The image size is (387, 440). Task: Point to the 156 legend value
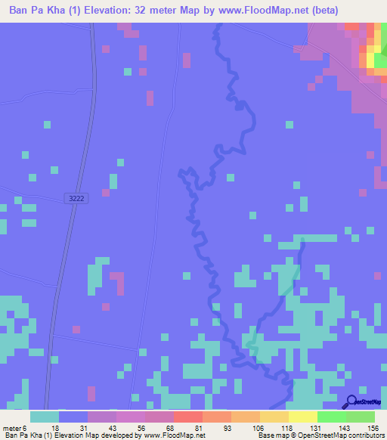[x=373, y=428]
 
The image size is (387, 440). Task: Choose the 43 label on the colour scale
[x=113, y=428]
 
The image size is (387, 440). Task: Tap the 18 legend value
[x=55, y=428]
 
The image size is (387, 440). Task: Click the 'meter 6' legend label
[x=16, y=428]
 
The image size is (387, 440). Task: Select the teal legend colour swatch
[x=44, y=417]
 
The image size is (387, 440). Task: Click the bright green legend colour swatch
[x=331, y=417]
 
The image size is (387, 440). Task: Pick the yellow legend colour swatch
[x=302, y=417]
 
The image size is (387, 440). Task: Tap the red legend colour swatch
[x=187, y=417]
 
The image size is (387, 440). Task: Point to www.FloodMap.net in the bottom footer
[x=175, y=435]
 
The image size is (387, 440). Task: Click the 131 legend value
[x=315, y=428]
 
